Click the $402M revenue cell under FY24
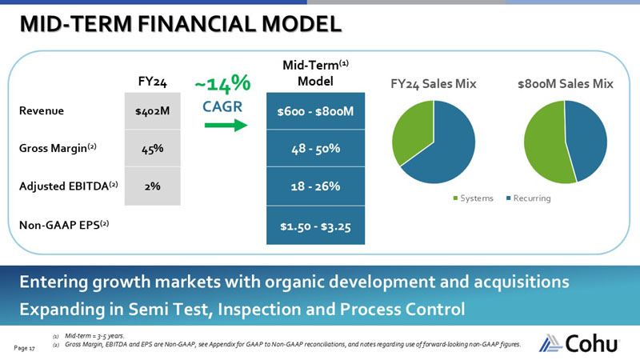[152, 111]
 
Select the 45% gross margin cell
[152, 148]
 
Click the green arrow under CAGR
[222, 126]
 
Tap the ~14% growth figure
[222, 83]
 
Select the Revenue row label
[44, 111]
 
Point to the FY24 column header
[152, 81]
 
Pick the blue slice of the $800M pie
[584, 140]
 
